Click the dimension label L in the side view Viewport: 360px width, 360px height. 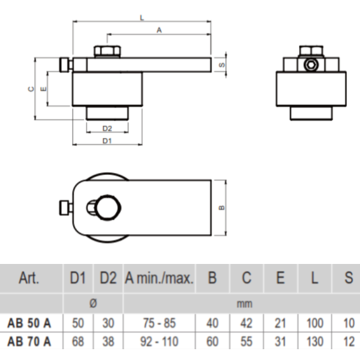point(141,18)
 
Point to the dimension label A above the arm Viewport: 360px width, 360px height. point(159,29)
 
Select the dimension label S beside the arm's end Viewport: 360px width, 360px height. point(222,65)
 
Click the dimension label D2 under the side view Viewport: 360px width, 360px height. point(107,128)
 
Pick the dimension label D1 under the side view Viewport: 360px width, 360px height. point(107,141)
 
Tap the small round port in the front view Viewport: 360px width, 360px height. point(310,65)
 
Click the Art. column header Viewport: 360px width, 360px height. point(30,278)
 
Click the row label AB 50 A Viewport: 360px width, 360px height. point(30,323)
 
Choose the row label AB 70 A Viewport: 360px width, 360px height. point(30,342)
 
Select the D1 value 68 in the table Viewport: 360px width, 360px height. point(78,342)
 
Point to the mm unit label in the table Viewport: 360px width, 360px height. point(244,304)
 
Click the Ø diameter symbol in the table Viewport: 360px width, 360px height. point(93,304)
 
